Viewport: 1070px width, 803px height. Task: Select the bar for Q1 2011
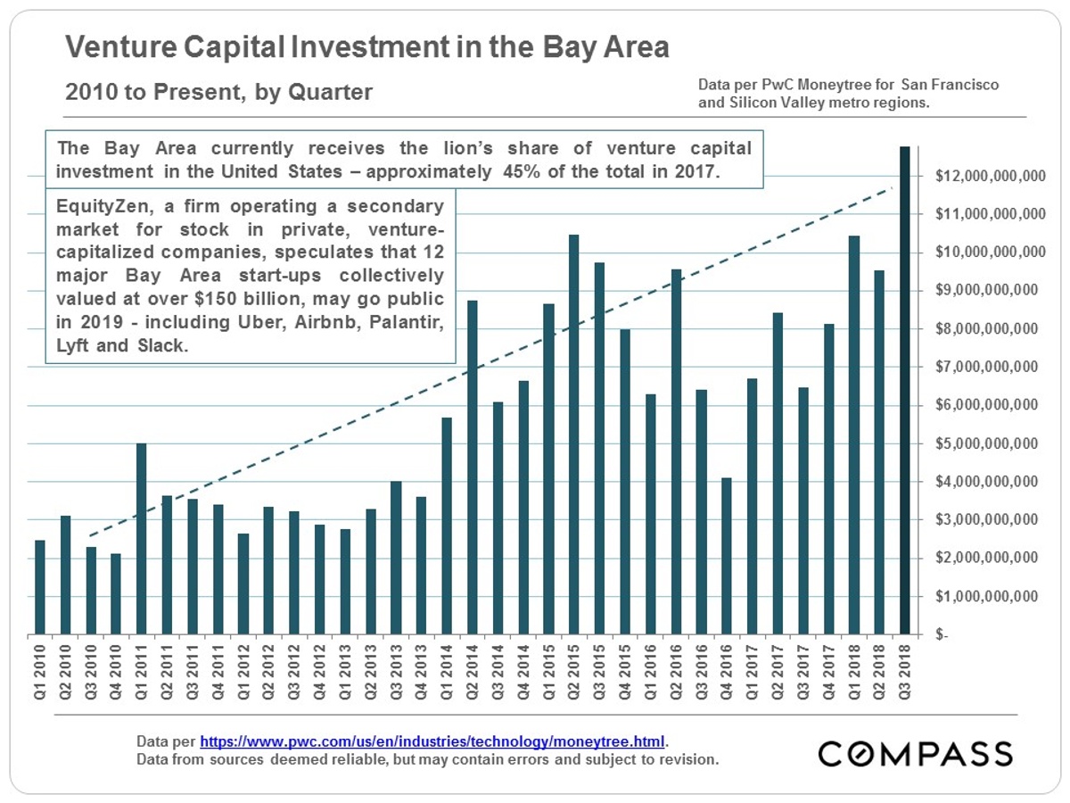tap(141, 539)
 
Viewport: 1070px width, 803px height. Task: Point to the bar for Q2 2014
tap(472, 468)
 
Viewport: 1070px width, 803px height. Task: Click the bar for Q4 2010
tap(116, 594)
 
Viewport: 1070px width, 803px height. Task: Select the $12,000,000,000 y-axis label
tap(989, 177)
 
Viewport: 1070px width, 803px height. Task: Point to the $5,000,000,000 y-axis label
tap(989, 443)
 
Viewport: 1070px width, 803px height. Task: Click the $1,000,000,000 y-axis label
tap(989, 596)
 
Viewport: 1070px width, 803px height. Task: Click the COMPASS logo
tap(916, 753)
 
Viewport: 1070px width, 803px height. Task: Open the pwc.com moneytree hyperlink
tap(432, 741)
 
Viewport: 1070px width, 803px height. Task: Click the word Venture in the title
tap(128, 46)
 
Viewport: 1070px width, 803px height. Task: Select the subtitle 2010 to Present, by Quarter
tap(218, 92)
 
